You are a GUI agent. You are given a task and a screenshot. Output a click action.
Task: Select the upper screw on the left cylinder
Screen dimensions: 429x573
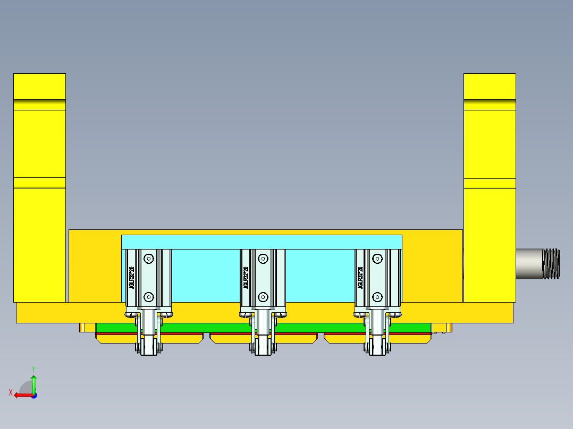tap(149, 259)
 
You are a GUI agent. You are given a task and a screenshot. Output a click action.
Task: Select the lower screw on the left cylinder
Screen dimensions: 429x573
tap(149, 297)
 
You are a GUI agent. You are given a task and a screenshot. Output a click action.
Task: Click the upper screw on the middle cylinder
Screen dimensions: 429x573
tap(263, 259)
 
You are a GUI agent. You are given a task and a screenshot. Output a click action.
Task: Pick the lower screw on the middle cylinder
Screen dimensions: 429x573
tap(263, 297)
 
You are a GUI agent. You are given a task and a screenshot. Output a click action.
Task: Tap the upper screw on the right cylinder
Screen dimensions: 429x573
tap(377, 259)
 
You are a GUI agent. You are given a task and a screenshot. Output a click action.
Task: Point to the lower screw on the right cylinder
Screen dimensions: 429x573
tap(377, 297)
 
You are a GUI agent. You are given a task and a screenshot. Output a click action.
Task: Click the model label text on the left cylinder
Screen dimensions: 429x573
tap(131, 278)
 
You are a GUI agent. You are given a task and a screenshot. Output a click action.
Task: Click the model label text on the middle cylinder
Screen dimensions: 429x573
tap(246, 278)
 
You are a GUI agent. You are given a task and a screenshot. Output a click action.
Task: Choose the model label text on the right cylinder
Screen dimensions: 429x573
tap(360, 278)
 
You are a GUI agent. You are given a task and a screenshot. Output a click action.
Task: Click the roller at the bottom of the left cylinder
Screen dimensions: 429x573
tap(149, 348)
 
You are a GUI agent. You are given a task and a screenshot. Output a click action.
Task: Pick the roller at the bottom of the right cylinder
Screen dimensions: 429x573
tap(377, 348)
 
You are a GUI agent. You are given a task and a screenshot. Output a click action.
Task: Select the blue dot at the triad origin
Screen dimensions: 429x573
tap(33, 395)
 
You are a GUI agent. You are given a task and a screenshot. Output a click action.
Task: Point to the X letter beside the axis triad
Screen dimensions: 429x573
tap(11, 393)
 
